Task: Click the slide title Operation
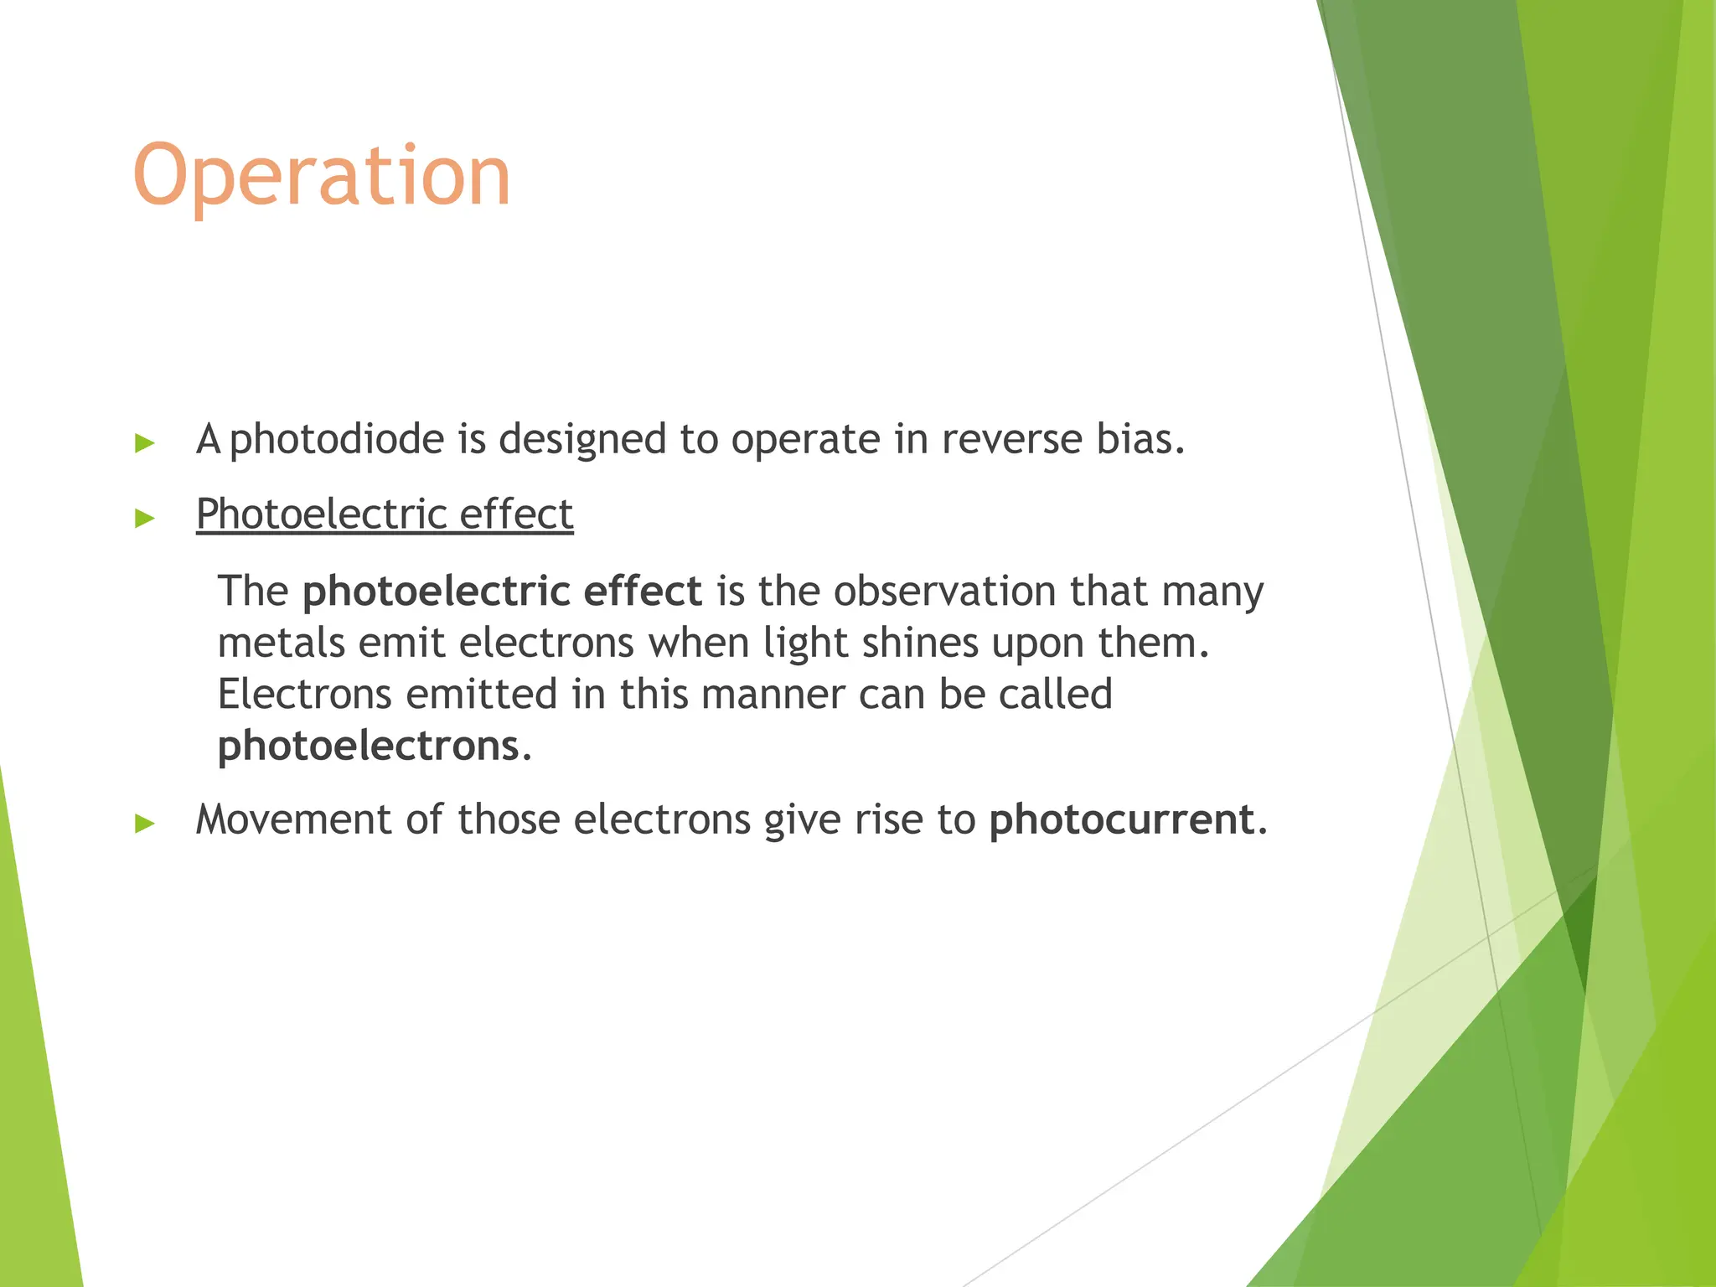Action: point(322,175)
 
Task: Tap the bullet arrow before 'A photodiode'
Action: point(145,443)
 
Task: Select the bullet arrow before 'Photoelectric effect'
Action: point(145,518)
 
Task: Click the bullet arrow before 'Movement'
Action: point(145,823)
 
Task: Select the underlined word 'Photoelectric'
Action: point(321,514)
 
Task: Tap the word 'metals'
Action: point(281,643)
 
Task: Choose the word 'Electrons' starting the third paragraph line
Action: point(304,694)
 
